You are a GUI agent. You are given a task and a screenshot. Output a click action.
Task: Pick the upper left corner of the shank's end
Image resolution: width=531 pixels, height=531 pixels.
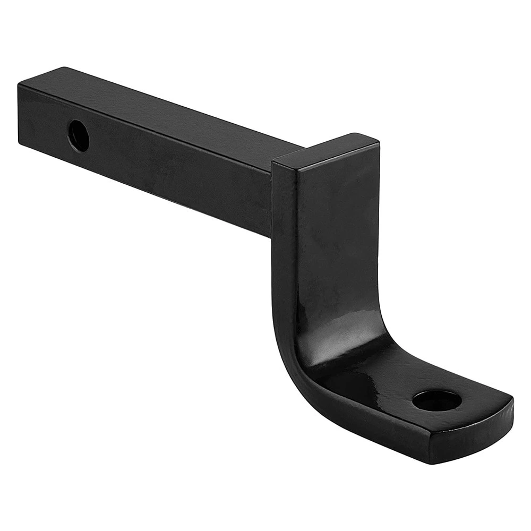pos(20,84)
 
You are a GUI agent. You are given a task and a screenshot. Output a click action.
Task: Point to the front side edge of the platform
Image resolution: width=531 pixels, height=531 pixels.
pos(404,435)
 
